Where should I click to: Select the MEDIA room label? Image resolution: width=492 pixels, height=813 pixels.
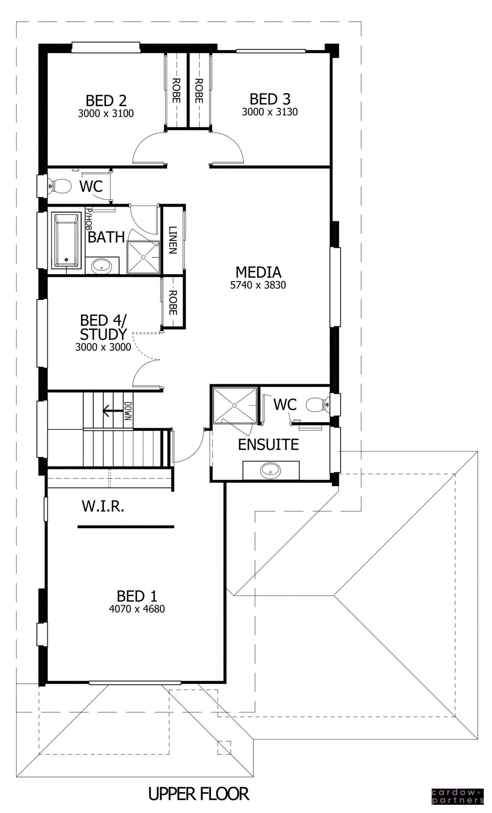click(x=258, y=272)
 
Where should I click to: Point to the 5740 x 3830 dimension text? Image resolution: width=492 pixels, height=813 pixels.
click(x=258, y=285)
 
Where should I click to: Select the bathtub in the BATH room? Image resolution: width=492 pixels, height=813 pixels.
click(x=67, y=240)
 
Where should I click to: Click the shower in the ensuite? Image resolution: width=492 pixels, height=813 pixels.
click(x=235, y=405)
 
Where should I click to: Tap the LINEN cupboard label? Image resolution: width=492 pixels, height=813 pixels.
click(x=172, y=240)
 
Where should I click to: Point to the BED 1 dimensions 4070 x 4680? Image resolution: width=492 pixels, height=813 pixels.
click(x=137, y=609)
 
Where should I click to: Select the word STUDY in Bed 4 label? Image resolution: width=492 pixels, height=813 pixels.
click(x=103, y=334)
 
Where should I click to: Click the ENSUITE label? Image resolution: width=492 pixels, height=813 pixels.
click(x=268, y=444)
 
